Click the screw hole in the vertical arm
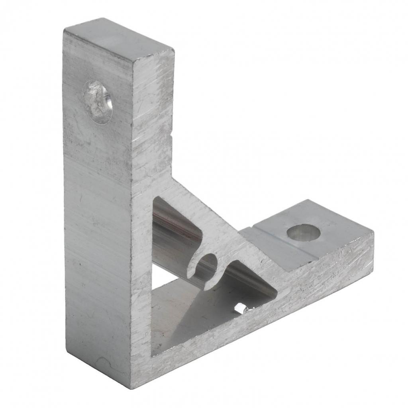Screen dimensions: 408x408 98,102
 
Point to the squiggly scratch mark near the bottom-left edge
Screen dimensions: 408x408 106,363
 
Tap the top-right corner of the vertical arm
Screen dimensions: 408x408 174,51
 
